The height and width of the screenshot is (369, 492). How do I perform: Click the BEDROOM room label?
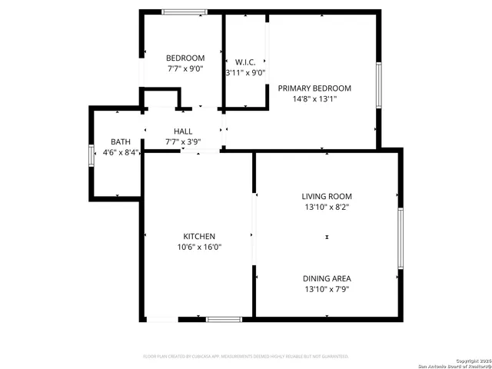(x=185, y=58)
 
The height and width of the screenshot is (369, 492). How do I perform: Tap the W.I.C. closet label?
(x=245, y=61)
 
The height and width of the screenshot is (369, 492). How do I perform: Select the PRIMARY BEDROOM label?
(x=314, y=88)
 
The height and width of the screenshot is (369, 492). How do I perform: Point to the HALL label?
(x=183, y=131)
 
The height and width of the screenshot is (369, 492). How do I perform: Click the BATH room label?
(x=121, y=141)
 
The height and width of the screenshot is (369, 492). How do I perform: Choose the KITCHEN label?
(x=198, y=236)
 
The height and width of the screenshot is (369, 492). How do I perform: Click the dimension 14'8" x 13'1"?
(x=314, y=98)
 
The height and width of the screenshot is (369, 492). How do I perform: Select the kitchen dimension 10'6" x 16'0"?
(x=198, y=247)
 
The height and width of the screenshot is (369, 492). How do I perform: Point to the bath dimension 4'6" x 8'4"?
(x=121, y=152)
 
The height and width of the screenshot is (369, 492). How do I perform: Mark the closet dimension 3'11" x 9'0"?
(x=245, y=73)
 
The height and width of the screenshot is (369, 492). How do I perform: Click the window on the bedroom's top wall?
(x=184, y=12)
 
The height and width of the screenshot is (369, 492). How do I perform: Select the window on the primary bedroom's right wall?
(x=378, y=85)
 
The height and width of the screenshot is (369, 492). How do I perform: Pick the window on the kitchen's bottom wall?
(x=224, y=318)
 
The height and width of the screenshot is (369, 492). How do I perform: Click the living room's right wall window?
(x=400, y=238)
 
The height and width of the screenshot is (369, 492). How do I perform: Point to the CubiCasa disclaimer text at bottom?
(x=246, y=357)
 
